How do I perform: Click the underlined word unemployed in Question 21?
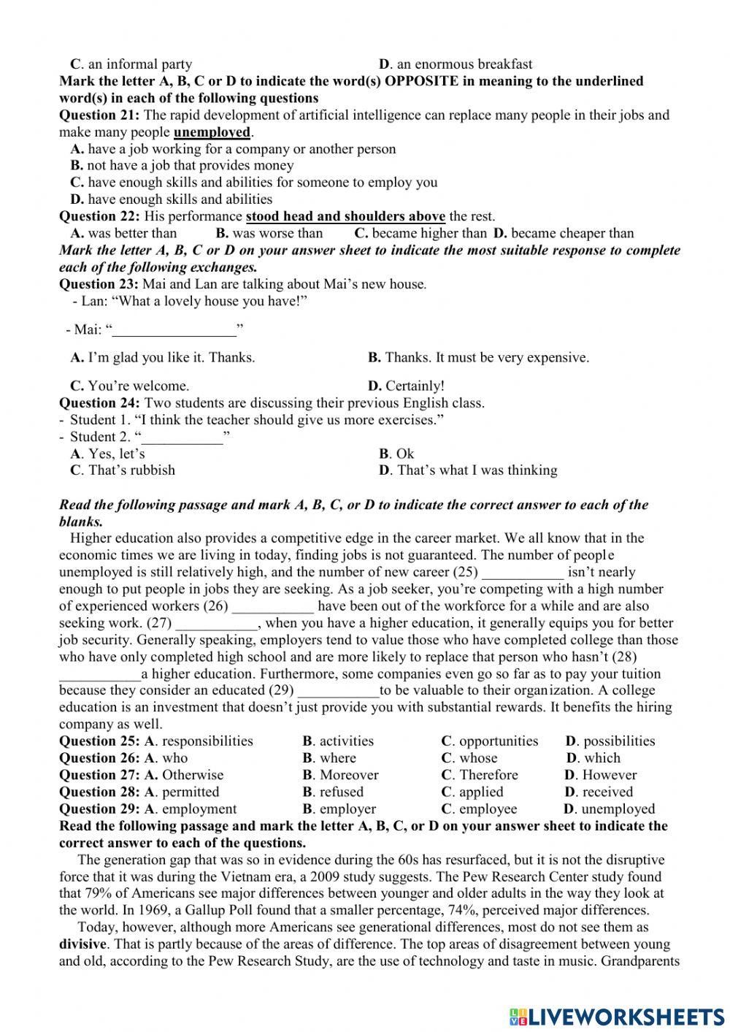tap(212, 132)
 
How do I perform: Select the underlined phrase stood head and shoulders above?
tap(345, 216)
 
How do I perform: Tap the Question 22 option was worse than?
tap(269, 234)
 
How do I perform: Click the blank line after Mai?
tap(175, 330)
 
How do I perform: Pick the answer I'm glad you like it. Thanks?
tap(163, 358)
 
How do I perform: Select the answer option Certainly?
tap(406, 386)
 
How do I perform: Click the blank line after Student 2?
tap(182, 437)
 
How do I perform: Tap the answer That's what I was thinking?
tap(468, 470)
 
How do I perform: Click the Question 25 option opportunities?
tap(490, 741)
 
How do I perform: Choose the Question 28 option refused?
tap(332, 792)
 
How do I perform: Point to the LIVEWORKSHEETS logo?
tap(617, 1016)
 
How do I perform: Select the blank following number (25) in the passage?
tap(523, 573)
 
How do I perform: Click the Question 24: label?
tap(99, 403)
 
